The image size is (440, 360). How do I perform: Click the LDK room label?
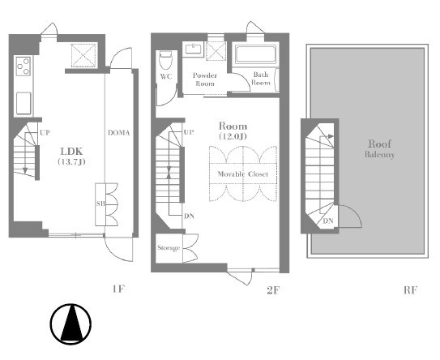click(71, 152)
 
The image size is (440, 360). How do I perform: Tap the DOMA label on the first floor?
click(118, 132)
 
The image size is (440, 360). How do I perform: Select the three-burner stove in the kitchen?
click(23, 66)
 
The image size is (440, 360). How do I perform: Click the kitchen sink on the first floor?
click(23, 103)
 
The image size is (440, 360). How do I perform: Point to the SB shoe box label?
click(100, 204)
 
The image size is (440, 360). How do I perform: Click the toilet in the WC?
click(165, 60)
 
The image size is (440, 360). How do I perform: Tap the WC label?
click(166, 77)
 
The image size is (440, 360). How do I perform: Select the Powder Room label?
click(205, 79)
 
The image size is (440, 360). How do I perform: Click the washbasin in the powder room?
click(194, 49)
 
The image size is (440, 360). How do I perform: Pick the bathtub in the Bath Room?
click(255, 54)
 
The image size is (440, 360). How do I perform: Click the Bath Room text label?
click(261, 79)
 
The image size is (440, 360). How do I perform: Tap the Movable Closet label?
click(243, 174)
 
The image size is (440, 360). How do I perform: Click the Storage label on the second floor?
click(169, 248)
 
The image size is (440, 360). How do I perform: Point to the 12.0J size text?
click(233, 136)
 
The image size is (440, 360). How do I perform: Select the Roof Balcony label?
click(380, 148)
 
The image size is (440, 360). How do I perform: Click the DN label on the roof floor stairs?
click(327, 221)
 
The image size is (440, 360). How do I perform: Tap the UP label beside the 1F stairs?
click(45, 132)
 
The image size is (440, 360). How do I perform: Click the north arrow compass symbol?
click(70, 324)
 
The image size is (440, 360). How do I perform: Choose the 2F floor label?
click(273, 290)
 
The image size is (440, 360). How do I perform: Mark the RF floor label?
click(410, 290)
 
